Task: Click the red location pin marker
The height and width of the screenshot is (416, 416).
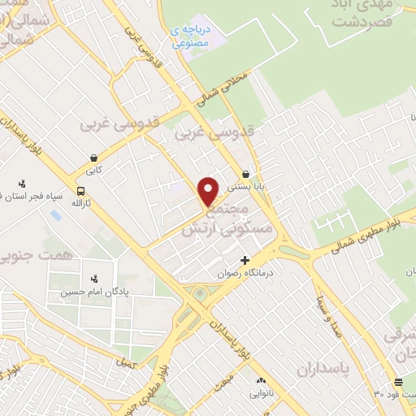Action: [x=210, y=191]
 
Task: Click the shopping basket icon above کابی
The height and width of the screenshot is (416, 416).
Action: [x=94, y=158]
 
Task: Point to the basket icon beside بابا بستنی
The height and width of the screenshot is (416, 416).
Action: [x=246, y=174]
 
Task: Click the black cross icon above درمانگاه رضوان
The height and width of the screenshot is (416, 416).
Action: [x=244, y=260]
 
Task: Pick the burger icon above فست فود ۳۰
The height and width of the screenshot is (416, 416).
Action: [x=397, y=382]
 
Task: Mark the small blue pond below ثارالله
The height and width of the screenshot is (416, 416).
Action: [x=55, y=215]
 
